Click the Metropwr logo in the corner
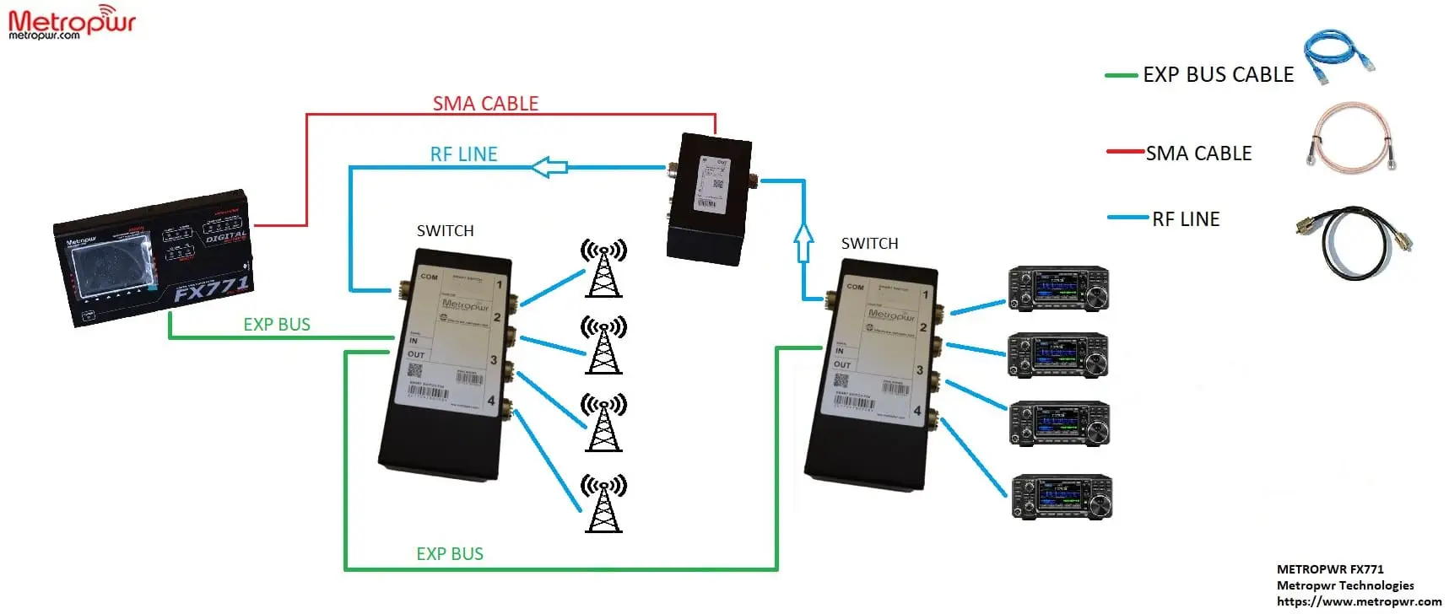(72, 22)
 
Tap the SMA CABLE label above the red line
(485, 104)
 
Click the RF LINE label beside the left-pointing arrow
(463, 154)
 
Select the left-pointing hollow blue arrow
(549, 167)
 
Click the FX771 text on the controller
(211, 288)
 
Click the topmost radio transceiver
(1058, 289)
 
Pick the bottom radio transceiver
(1062, 497)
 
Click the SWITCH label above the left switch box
(445, 231)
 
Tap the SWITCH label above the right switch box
(869, 244)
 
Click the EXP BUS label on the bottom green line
(450, 554)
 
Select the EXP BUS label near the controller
(277, 325)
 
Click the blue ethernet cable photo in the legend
(1338, 56)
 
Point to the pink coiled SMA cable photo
(1350, 139)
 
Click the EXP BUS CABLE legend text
(1218, 75)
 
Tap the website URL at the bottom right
(1359, 601)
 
